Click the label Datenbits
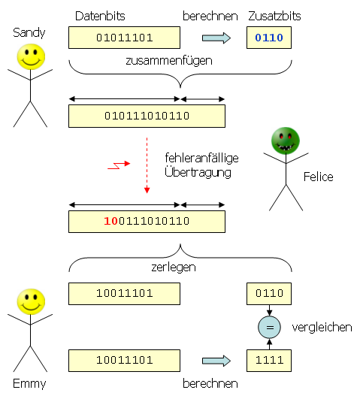(x=100, y=16)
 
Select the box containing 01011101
(x=124, y=38)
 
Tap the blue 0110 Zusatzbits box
(x=269, y=38)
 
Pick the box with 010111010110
(x=147, y=116)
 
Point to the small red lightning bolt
(x=119, y=165)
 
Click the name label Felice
(x=318, y=177)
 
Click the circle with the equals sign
(x=269, y=328)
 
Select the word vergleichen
(x=322, y=328)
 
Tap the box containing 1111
(x=269, y=360)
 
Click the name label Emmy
(x=29, y=384)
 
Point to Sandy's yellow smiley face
(x=30, y=56)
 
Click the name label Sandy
(x=29, y=33)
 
